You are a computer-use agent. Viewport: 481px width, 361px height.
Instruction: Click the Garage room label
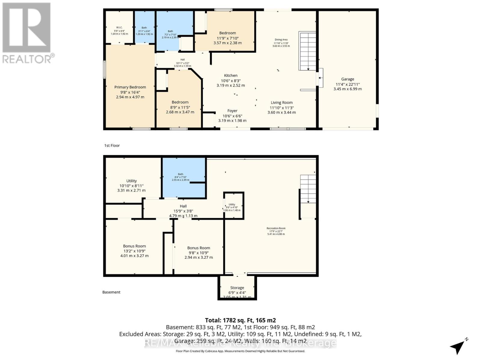point(348,79)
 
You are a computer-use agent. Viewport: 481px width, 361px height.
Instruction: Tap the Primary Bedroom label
point(130,87)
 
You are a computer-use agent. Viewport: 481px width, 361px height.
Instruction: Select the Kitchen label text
point(231,76)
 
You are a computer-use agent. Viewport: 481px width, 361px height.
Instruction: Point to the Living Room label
point(281,103)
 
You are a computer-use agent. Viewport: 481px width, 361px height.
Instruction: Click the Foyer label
point(232,111)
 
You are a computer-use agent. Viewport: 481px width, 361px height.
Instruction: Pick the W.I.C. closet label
point(119,28)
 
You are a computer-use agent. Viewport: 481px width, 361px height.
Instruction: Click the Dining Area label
point(281,40)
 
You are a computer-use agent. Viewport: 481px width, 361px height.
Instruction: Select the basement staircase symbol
point(308,189)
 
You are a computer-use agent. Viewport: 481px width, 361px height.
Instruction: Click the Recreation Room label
point(276,228)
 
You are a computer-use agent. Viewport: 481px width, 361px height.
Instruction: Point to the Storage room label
point(237,288)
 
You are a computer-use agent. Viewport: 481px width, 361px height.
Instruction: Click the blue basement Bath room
point(183,177)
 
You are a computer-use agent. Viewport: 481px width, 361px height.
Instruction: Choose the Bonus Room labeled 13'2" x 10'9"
point(134,246)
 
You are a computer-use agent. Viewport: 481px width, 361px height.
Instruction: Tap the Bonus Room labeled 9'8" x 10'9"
point(198,248)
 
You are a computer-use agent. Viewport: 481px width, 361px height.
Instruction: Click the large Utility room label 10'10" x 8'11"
point(131,181)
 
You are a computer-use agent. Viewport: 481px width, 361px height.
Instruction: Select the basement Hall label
point(183,206)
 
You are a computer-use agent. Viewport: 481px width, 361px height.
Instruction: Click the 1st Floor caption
point(112,146)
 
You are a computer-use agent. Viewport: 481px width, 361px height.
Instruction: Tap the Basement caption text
point(111,292)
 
